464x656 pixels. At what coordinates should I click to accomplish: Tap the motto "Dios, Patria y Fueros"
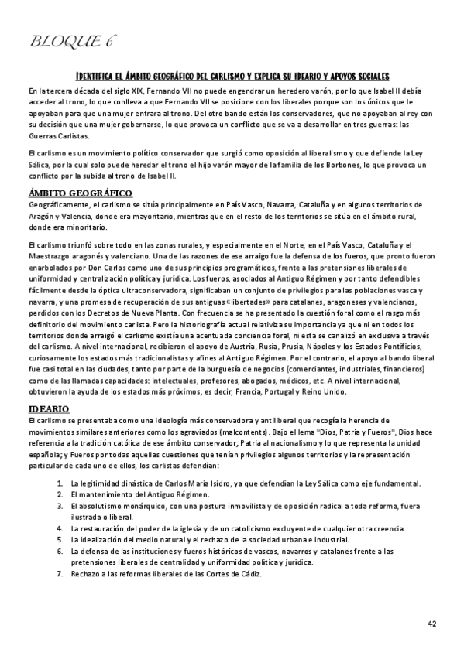[352, 429]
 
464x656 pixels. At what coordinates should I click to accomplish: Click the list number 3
[60, 505]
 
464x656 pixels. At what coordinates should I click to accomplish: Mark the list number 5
[60, 538]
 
